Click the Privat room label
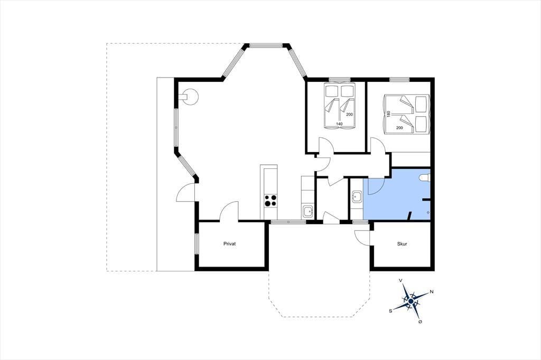coord(229,244)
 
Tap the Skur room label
coord(402,244)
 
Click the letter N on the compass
coord(431,292)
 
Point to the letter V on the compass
coord(400,280)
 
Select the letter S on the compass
coord(390,311)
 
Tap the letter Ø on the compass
coord(420,321)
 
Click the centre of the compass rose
coord(411,301)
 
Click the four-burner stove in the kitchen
coord(270,201)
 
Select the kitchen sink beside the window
coord(307,211)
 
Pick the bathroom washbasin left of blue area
coord(357,197)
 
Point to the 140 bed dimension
coord(339,124)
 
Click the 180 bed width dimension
coord(388,115)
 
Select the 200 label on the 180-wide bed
coord(399,128)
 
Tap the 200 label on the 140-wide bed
coord(349,115)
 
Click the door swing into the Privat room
coord(229,210)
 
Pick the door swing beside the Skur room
coord(362,237)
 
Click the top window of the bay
coord(266,45)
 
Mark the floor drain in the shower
coord(428,212)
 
